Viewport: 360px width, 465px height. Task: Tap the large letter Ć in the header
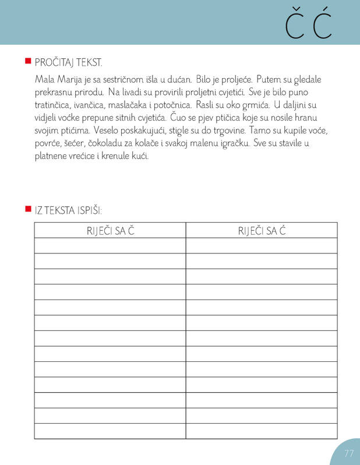click(322, 23)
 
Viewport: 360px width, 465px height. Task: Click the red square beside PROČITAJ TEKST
click(27, 61)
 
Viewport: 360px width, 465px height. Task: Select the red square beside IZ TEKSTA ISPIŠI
click(27, 209)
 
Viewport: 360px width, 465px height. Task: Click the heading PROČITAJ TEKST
click(69, 62)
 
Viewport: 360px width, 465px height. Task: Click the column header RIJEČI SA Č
click(110, 231)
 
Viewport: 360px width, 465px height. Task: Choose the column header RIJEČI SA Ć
click(262, 231)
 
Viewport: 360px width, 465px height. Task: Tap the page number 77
click(349, 453)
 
